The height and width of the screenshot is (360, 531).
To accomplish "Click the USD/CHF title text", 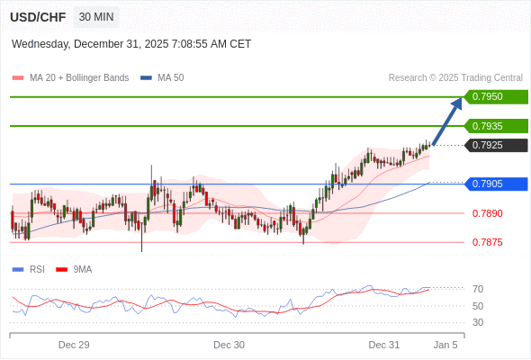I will click(x=39, y=17).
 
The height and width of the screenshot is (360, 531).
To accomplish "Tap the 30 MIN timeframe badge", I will click(x=95, y=17).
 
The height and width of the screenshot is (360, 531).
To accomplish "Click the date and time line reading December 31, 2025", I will click(x=131, y=44).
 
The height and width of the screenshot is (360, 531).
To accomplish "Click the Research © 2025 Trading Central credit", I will click(x=455, y=78).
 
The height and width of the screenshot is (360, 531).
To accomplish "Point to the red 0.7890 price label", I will click(x=487, y=213).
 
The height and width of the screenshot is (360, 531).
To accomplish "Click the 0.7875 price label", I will click(x=487, y=242).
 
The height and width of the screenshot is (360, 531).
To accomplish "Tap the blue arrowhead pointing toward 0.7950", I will click(x=456, y=103).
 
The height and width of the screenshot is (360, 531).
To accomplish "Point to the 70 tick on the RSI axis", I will click(x=478, y=289).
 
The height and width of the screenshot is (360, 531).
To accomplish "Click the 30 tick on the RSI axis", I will click(x=478, y=322).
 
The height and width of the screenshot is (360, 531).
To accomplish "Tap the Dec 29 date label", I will click(x=74, y=345).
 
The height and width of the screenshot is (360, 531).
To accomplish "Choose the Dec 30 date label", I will click(x=229, y=345).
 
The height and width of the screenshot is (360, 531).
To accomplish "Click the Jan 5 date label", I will click(x=445, y=345).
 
